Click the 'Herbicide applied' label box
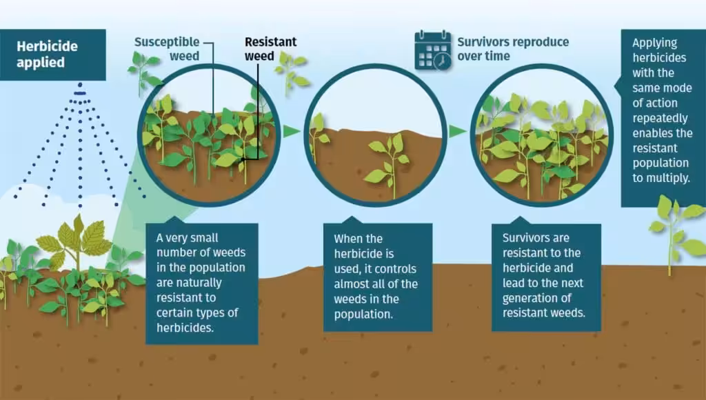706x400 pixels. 52,55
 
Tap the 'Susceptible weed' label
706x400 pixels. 167,49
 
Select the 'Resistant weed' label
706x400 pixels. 270,49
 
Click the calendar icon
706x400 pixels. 433,50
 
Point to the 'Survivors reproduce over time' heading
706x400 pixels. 513,49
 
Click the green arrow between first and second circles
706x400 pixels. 292,132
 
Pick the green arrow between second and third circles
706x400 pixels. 458,132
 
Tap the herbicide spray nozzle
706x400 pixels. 80,90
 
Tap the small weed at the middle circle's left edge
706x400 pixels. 319,135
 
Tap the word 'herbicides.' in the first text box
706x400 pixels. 185,328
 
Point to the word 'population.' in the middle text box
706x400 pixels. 363,314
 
